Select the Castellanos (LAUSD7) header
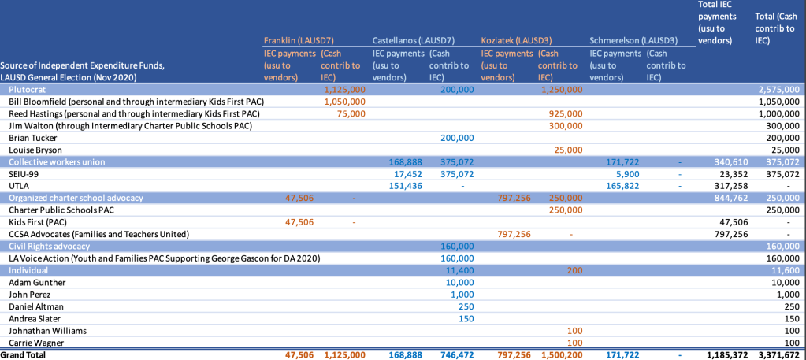[x=413, y=39]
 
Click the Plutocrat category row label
[x=37, y=90]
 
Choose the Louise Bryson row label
[x=35, y=150]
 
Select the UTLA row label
[x=20, y=185]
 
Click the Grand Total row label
[x=23, y=355]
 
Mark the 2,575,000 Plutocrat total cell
[x=778, y=90]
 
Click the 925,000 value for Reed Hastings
[x=565, y=113]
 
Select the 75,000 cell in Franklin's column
[x=350, y=113]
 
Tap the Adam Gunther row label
[x=37, y=281]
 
